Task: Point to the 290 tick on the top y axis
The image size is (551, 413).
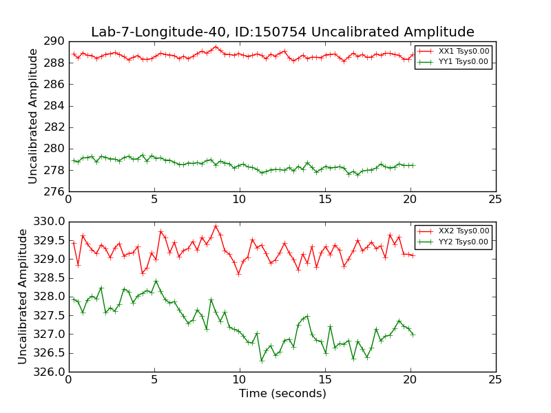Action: click(56, 42)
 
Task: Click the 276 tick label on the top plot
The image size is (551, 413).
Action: click(56, 191)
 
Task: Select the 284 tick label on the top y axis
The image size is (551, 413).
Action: click(56, 106)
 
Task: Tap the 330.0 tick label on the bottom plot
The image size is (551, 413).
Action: click(50, 222)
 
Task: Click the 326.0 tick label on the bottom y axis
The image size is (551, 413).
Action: click(50, 372)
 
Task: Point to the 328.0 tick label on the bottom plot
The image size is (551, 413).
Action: click(50, 297)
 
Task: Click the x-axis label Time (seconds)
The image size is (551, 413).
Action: click(282, 394)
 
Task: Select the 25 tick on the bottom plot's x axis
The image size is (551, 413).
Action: click(495, 380)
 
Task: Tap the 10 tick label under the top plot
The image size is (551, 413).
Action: click(239, 200)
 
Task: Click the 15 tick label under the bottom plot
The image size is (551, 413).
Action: click(324, 380)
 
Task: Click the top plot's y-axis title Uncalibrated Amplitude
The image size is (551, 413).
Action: click(33, 116)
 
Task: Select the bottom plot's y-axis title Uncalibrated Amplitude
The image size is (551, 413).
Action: click(23, 297)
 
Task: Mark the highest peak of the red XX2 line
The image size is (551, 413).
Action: click(216, 226)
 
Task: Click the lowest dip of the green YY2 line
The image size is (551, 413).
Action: click(262, 361)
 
